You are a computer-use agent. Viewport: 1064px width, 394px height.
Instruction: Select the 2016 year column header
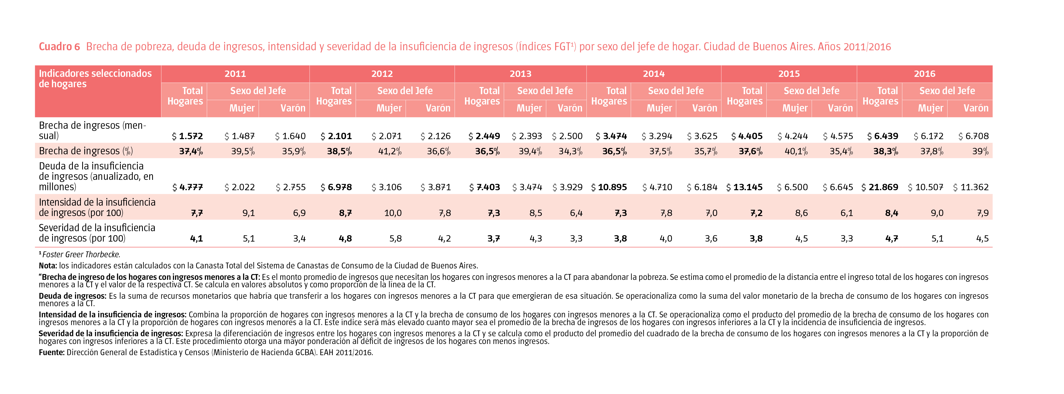(x=924, y=74)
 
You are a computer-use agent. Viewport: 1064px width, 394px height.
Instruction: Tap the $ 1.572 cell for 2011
(x=187, y=136)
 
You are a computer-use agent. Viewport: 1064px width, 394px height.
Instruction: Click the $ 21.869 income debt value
(x=879, y=187)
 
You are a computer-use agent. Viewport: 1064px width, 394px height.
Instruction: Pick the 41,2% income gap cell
(x=389, y=151)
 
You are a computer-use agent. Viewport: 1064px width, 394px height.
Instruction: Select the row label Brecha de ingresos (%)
(x=86, y=151)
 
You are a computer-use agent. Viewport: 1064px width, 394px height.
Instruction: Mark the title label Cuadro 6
(x=59, y=47)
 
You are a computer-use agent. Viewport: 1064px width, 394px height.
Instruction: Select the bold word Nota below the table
(x=48, y=266)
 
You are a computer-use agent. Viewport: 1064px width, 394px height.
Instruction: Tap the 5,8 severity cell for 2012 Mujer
(x=395, y=239)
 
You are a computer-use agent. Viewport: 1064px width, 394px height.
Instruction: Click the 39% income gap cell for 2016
(x=980, y=151)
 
